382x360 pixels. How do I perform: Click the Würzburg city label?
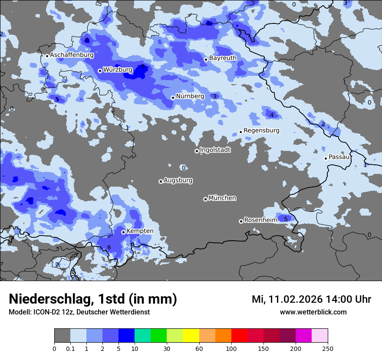pyautogui.click(x=118, y=69)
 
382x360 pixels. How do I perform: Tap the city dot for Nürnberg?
pyautogui.click(x=173, y=98)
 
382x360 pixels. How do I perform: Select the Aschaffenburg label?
pyautogui.click(x=72, y=55)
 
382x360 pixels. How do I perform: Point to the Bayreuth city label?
pyautogui.click(x=223, y=58)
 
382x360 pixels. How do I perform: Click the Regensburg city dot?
pyautogui.click(x=240, y=132)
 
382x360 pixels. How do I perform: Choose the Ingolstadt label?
pyautogui.click(x=215, y=150)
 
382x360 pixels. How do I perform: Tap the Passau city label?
pyautogui.click(x=339, y=157)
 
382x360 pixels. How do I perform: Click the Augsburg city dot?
pyautogui.click(x=161, y=181)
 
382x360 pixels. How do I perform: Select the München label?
pyautogui.click(x=222, y=198)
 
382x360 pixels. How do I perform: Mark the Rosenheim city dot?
pyautogui.click(x=241, y=222)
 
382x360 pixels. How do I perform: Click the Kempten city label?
pyautogui.click(x=140, y=231)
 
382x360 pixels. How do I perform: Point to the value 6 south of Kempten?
pyautogui.click(x=109, y=248)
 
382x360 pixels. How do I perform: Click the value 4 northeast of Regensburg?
pyautogui.click(x=272, y=115)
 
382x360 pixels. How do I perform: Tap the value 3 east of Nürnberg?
pyautogui.click(x=214, y=96)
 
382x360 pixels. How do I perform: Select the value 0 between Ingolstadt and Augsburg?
pyautogui.click(x=184, y=168)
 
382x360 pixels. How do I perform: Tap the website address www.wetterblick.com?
pyautogui.click(x=313, y=312)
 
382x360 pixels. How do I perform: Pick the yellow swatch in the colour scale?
pyautogui.click(x=191, y=336)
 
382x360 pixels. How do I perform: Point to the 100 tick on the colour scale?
pyautogui.click(x=231, y=349)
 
